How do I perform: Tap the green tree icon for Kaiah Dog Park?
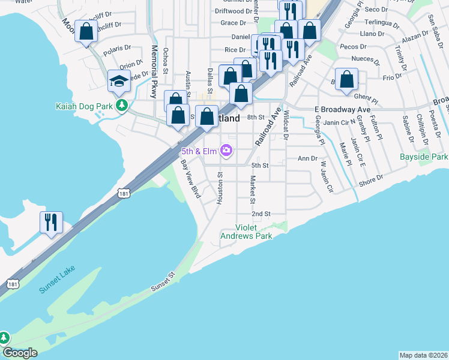pyautogui.click(x=122, y=106)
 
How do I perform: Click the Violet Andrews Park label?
pyautogui.click(x=255, y=232)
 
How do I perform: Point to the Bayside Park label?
pyautogui.click(x=424, y=157)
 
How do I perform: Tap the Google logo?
pyautogui.click(x=19, y=352)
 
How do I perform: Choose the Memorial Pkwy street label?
pyautogui.click(x=154, y=71)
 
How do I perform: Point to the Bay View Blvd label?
pyautogui.click(x=190, y=178)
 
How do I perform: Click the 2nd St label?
pyautogui.click(x=261, y=214)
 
